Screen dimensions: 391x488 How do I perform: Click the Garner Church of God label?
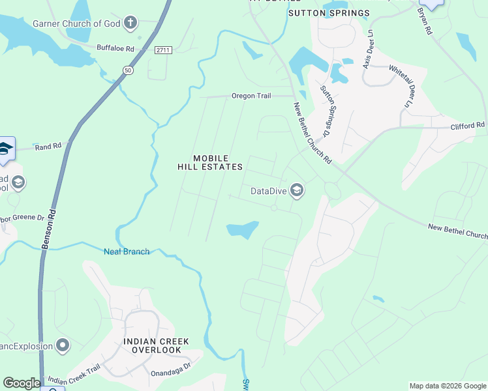point(76,23)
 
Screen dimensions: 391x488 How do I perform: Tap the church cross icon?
point(130,23)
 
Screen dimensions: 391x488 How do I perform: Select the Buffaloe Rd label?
point(115,48)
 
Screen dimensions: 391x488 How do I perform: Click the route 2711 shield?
point(163,50)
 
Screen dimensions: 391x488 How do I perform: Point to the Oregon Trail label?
point(251,96)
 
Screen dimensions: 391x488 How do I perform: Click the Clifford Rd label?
point(468,124)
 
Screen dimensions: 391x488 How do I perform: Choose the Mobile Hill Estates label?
point(210,162)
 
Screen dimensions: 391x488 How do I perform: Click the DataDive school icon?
point(297,190)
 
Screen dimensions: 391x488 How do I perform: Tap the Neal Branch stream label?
point(127,252)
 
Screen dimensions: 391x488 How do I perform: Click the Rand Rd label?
point(48,146)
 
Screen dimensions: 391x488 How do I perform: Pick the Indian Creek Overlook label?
point(156,345)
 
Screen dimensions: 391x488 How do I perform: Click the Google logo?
point(21,383)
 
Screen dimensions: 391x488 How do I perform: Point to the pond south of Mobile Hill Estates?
point(242,230)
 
